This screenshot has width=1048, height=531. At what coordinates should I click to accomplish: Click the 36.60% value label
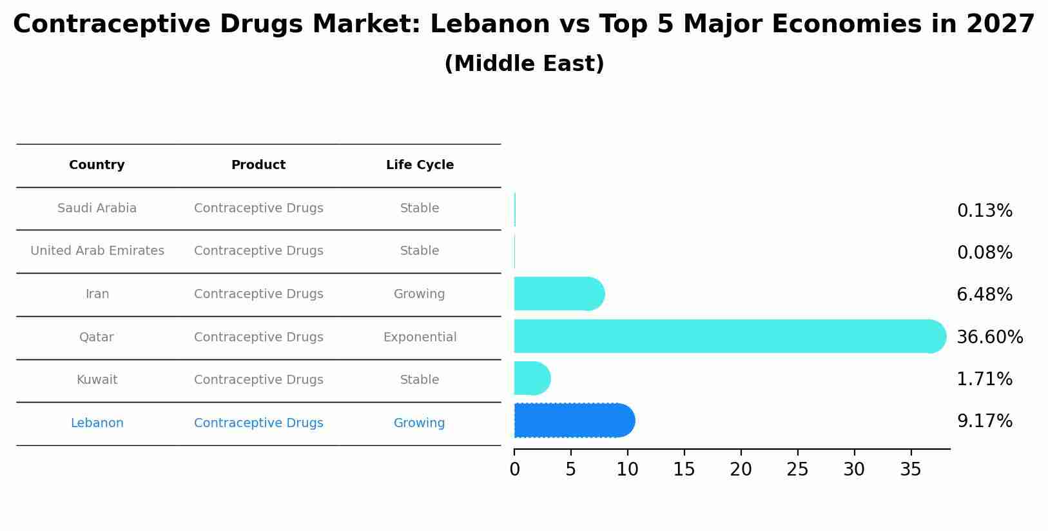(x=989, y=337)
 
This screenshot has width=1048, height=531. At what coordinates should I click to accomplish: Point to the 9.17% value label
(x=984, y=421)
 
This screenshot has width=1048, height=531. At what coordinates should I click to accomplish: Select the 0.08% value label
(x=984, y=253)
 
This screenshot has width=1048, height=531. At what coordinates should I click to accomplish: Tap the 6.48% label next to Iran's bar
(x=984, y=295)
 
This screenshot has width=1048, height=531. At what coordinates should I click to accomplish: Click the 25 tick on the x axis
(x=797, y=470)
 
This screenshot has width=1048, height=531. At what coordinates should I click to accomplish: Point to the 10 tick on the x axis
(x=627, y=470)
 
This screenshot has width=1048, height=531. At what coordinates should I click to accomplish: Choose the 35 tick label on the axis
(x=911, y=470)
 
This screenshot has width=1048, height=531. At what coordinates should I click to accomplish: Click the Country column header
(x=97, y=165)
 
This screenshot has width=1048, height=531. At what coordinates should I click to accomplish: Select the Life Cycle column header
(x=420, y=165)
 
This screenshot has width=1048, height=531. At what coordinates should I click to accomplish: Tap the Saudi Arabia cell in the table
(x=97, y=208)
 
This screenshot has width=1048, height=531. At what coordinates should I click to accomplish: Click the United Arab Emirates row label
(x=97, y=251)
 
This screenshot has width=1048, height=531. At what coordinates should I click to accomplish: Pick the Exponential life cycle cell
(x=420, y=337)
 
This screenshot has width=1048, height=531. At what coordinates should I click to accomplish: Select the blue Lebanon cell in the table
(x=97, y=423)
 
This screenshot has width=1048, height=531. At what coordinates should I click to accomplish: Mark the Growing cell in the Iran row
(x=419, y=294)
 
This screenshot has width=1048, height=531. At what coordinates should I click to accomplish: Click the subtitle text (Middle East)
(x=524, y=64)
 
